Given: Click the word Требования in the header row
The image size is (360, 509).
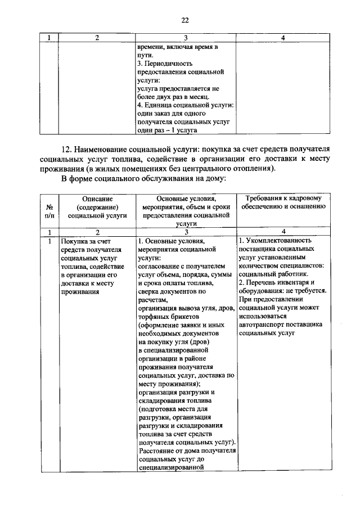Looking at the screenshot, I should click(265, 199).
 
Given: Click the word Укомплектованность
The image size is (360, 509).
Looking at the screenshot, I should click(280, 240).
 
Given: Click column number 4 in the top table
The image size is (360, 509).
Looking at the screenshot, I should click(282, 38).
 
